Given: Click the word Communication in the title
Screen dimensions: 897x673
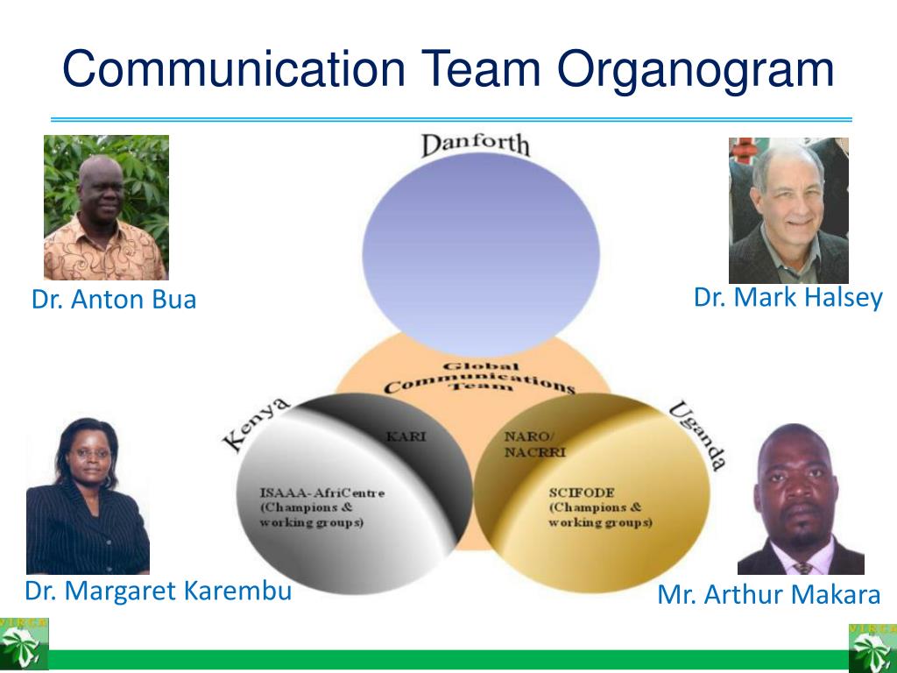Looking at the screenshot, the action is pos(234,68).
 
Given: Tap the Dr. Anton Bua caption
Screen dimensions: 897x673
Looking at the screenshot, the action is pos(114,300).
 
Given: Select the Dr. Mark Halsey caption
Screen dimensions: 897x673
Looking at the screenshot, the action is pos(788,298).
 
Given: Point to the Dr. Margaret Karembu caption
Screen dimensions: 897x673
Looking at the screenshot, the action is pos(158,591).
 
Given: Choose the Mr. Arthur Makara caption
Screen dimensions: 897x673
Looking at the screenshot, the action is pos(769,595).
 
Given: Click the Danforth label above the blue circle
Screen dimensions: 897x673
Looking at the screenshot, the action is pos(476,145).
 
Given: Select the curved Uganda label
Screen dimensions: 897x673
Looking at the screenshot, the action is pos(697,435).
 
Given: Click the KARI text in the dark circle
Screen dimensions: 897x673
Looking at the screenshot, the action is pos(406,436).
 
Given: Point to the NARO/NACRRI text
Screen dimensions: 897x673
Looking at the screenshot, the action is pos(534,444).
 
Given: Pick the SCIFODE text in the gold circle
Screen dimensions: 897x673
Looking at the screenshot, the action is pos(582,492).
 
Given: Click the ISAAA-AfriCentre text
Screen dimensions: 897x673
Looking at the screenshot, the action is pos(322,492).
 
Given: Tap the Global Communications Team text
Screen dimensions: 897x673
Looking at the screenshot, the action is pos(479,378).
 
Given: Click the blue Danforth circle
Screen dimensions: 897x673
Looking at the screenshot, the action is pos(481,254).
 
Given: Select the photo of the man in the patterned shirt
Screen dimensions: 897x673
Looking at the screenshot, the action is pos(106,208).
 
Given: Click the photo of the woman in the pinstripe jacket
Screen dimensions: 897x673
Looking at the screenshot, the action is pos(88,496).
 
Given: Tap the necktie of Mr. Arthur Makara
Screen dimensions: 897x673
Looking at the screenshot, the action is pos(802,568).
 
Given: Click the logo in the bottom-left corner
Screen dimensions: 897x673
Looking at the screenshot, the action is pos(24,644).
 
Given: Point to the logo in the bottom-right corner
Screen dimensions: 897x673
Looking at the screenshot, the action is pos(872,648).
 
